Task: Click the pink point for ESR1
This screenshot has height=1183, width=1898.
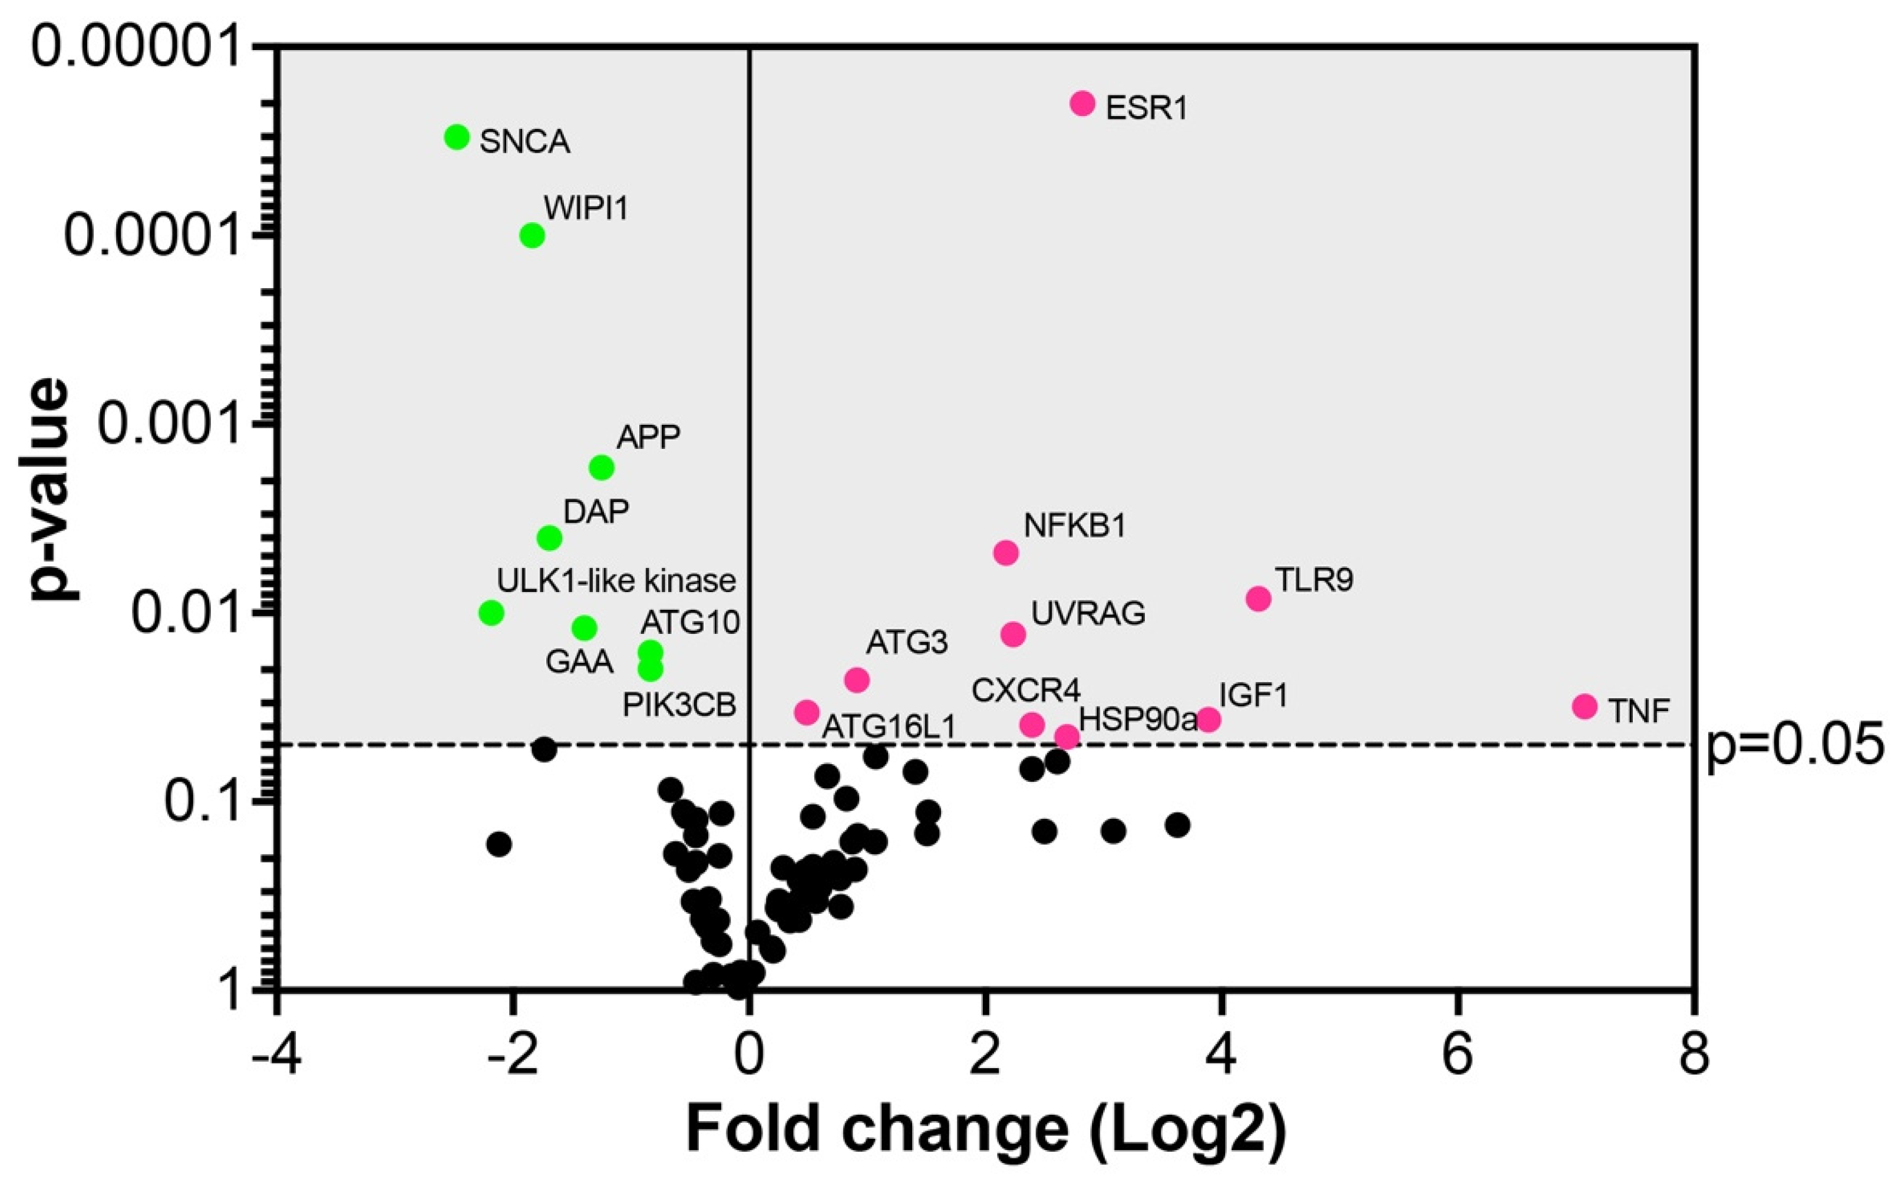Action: tap(1082, 103)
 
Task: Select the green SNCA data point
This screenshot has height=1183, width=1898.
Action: tap(456, 137)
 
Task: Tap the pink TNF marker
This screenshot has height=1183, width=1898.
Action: tap(1585, 706)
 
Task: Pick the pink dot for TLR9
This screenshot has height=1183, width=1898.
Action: tap(1259, 599)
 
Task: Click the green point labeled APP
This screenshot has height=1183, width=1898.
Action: tap(602, 468)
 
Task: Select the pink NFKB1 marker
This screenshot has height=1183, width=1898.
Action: tap(1006, 553)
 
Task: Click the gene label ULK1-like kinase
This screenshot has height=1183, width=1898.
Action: tap(616, 580)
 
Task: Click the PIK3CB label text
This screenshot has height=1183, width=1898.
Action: tap(679, 706)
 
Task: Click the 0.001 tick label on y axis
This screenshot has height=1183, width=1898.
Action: tap(167, 425)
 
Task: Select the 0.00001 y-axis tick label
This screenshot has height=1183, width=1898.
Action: tap(133, 48)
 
